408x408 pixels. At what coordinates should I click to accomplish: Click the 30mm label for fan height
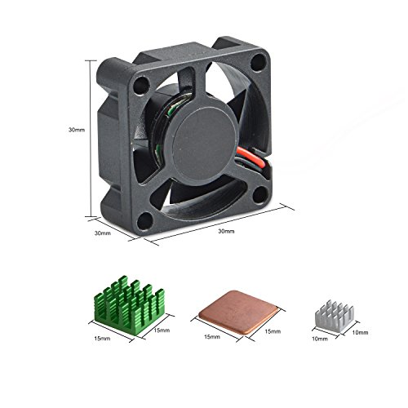click(76, 129)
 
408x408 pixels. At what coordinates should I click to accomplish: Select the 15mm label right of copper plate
click(273, 332)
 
